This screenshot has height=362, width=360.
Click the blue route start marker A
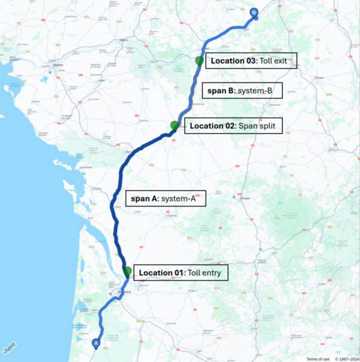point(96,343)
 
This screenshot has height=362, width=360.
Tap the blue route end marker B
point(254,12)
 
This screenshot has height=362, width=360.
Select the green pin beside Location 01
point(127,271)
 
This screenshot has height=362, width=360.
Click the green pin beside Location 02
point(174,125)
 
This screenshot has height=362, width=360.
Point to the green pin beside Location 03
point(199,60)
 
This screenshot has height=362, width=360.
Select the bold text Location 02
point(211,126)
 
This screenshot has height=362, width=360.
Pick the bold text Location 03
point(233,60)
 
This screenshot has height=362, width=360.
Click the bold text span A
point(144,199)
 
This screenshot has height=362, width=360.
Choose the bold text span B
point(221,91)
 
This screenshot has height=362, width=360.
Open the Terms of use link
point(318,359)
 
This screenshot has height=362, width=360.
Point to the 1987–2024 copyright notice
point(346,359)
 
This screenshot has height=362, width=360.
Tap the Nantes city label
point(59,65)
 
